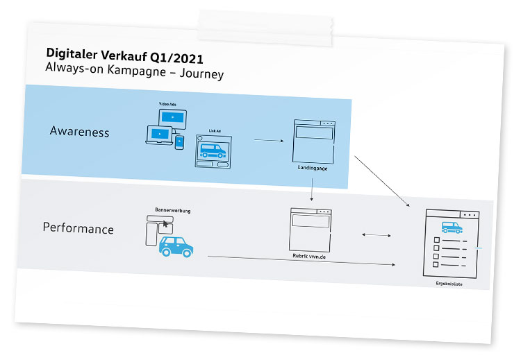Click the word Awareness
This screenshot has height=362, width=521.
pos(79,132)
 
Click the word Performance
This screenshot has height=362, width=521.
pos(78,228)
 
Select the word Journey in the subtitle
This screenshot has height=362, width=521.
pos(200,74)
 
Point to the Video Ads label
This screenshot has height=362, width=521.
pos(168,103)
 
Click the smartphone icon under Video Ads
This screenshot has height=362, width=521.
pos(179,142)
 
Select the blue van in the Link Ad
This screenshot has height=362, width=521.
pos(213,150)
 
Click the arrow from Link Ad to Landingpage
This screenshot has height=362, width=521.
pos(269,140)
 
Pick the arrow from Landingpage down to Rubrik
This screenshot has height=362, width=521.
pos(313,190)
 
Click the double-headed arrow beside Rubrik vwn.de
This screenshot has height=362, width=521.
pos(377,236)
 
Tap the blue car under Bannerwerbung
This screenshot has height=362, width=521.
pos(176,245)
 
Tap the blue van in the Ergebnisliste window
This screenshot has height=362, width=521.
pos(452,227)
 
